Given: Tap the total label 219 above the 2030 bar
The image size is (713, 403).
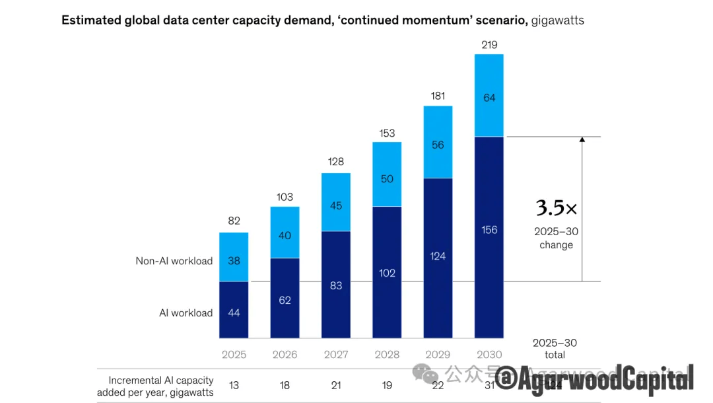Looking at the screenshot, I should tap(489, 45).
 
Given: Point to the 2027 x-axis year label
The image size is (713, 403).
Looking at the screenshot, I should tap(336, 355).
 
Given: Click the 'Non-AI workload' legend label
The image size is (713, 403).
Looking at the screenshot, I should tap(174, 261).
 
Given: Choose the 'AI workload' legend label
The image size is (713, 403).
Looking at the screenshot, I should tap(186, 313).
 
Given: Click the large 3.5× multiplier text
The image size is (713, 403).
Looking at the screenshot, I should tap(556, 209).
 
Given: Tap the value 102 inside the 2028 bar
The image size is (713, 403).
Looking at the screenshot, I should tap(387, 273).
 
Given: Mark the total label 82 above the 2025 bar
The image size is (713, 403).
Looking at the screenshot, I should tap(234, 221).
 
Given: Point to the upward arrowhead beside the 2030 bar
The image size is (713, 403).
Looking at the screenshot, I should tap(582, 140).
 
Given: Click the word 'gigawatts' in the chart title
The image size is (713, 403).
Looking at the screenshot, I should tap(558, 20).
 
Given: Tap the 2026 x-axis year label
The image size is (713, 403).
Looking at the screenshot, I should tap(285, 355).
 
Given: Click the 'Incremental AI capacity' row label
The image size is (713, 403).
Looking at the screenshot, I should tap(160, 381).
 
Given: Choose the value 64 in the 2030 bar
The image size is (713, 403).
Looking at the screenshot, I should tap(489, 98).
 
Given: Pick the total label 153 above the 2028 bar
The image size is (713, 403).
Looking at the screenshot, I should tap(387, 133).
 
